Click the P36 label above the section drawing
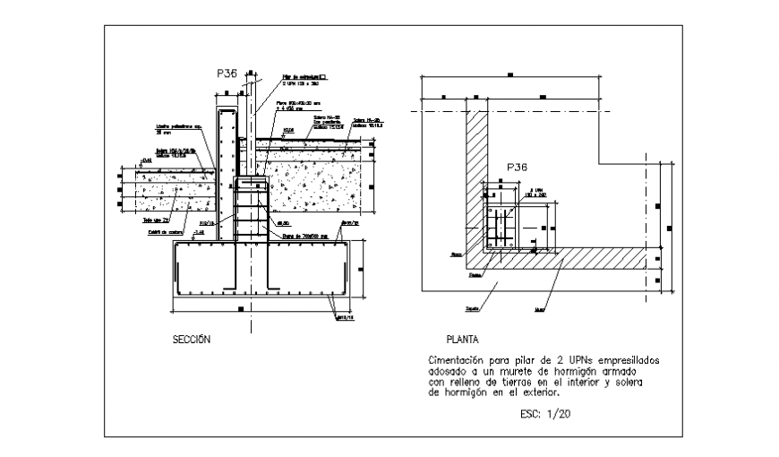(226, 74)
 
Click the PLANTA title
(462, 341)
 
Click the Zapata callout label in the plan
(472, 308)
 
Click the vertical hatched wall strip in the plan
(476, 179)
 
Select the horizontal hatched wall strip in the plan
(573, 258)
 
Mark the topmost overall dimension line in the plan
(509, 76)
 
